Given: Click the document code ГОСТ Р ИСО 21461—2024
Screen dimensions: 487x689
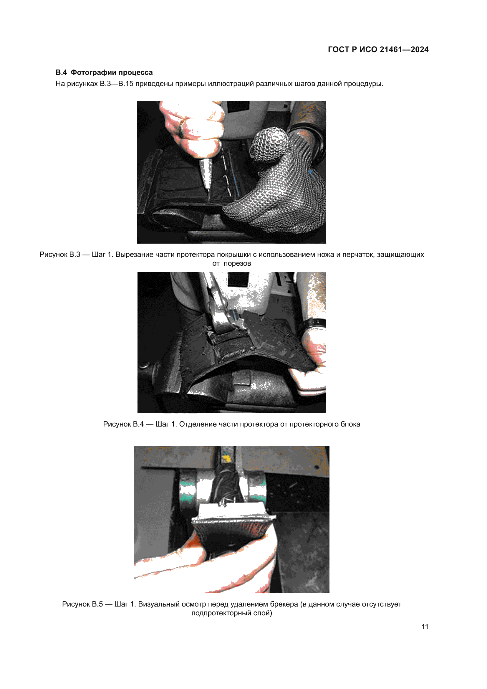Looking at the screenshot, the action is (x=378, y=49).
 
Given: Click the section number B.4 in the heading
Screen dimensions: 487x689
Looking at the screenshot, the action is (x=61, y=72).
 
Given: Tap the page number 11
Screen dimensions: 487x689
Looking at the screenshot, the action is (x=425, y=627).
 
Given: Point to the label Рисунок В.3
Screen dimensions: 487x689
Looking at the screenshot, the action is (x=60, y=255).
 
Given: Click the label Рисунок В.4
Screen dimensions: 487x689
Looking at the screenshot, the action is (x=123, y=424).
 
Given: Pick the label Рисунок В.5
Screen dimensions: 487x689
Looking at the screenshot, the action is (x=82, y=604).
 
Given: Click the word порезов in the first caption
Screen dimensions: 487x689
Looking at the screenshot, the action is (x=237, y=263).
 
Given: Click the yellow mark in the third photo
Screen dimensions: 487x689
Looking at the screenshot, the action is (x=226, y=458).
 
